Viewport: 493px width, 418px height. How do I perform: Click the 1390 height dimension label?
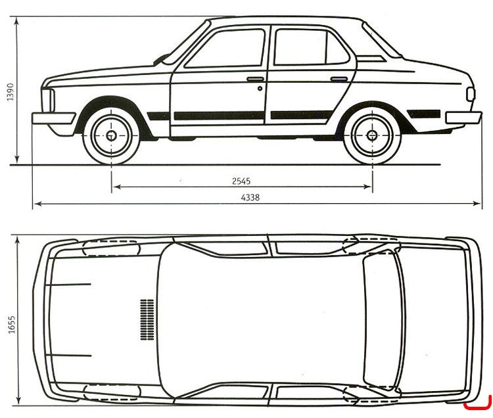pyautogui.click(x=10, y=92)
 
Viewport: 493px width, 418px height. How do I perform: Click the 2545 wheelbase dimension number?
pyautogui.click(x=241, y=181)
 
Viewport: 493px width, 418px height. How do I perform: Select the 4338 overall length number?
pyautogui.click(x=250, y=197)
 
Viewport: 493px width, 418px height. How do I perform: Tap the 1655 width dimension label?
pyautogui.click(x=11, y=325)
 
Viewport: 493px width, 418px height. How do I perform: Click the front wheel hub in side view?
pyautogui.click(x=111, y=135)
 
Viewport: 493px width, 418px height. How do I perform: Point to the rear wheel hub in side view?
pyautogui.click(x=372, y=135)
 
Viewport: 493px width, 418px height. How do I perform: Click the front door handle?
pyautogui.click(x=255, y=80)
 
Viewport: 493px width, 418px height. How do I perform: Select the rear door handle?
pyautogui.click(x=339, y=80)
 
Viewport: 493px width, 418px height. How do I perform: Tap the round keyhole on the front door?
pyautogui.click(x=260, y=89)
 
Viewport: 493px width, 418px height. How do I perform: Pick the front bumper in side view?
pyautogui.click(x=53, y=119)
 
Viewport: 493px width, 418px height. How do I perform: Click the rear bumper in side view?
pyautogui.click(x=464, y=118)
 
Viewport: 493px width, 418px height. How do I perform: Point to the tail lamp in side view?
pyautogui.click(x=471, y=94)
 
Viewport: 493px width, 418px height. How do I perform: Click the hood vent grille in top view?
pyautogui.click(x=147, y=319)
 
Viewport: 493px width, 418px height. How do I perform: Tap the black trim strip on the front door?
pyautogui.click(x=219, y=116)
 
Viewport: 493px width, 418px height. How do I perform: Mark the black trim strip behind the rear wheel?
pyautogui.click(x=423, y=114)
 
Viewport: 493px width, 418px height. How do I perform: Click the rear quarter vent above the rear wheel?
pyautogui.click(x=370, y=58)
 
